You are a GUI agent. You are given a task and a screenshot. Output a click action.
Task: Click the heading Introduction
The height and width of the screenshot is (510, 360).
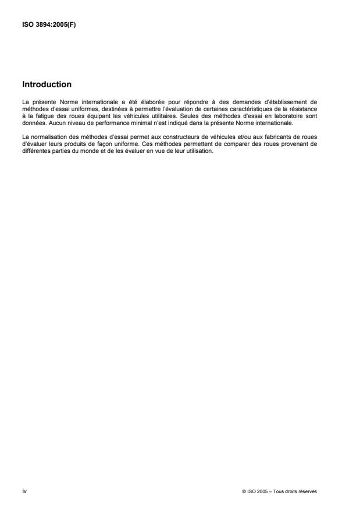coord(47,84)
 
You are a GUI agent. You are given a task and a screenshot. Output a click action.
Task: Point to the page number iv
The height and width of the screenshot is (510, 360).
coord(24,491)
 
